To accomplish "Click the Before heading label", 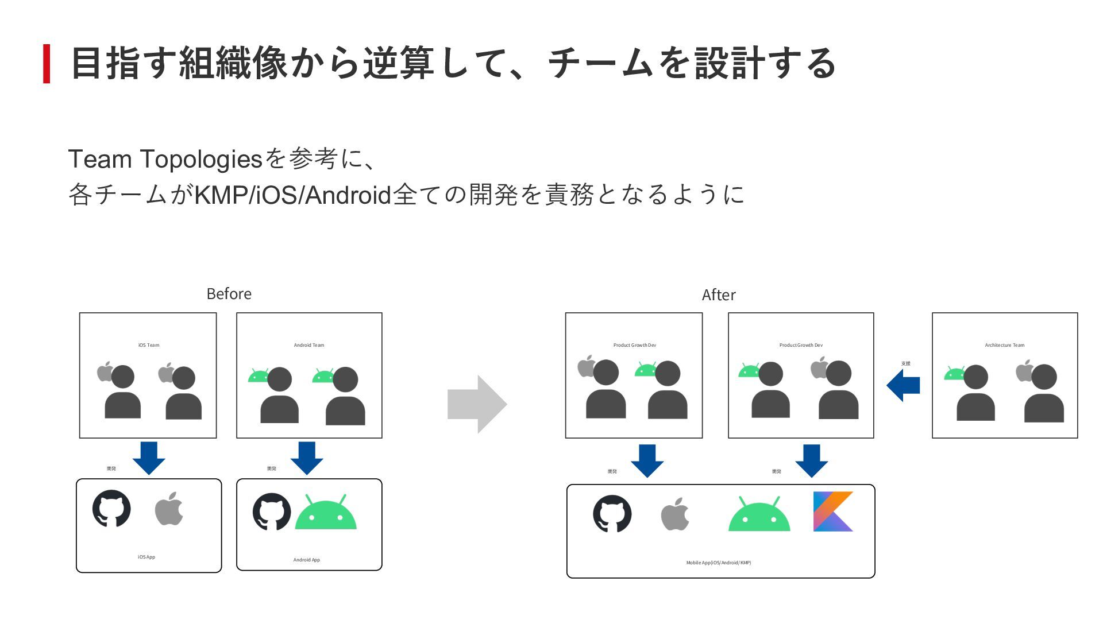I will [x=229, y=294].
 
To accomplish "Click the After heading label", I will [x=718, y=295].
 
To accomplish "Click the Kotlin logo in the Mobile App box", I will [x=832, y=511].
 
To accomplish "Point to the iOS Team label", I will [x=149, y=345].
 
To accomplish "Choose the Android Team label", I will [x=309, y=345].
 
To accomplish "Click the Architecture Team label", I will [x=1004, y=345].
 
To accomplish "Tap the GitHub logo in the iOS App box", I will [x=111, y=509].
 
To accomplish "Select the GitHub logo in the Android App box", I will [x=272, y=511].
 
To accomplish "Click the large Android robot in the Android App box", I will [x=326, y=513].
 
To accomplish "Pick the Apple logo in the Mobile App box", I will [x=675, y=514].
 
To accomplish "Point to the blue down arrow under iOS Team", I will [x=149, y=458].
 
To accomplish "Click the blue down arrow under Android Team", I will [x=307, y=458].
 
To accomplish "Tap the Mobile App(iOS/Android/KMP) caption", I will [x=718, y=563].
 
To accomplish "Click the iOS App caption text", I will [x=146, y=557].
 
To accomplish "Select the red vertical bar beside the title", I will [x=47, y=64].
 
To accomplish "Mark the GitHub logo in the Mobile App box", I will [x=612, y=514].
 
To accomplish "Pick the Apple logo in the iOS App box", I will [x=169, y=509].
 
